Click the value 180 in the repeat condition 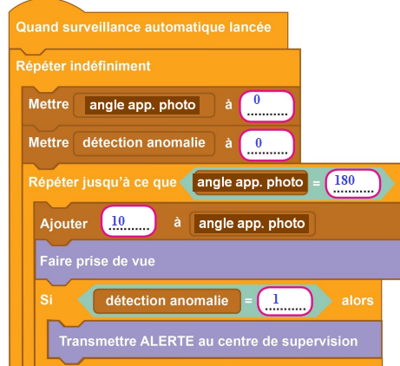[344, 180]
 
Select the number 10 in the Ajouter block [118, 221]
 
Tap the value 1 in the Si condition [276, 298]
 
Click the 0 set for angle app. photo [257, 100]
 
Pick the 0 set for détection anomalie [259, 143]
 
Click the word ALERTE [167, 341]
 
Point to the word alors [357, 301]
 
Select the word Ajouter [64, 224]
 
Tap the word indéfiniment [110, 66]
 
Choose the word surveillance [102, 27]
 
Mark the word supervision [320, 342]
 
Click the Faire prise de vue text [97, 261]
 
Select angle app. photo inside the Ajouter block [252, 224]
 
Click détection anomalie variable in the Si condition [167, 301]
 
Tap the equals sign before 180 [317, 183]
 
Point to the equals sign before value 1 [248, 301]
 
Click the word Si [46, 300]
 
